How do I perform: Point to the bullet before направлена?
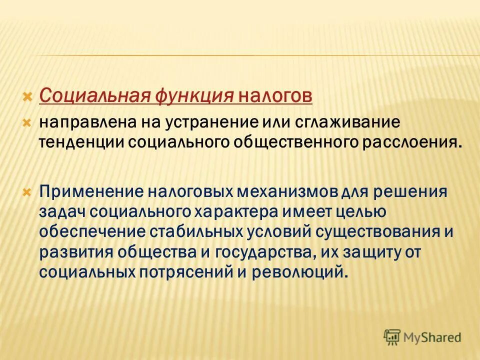28,122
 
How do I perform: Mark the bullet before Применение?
28,191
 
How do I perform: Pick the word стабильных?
203,232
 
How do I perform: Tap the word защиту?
371,252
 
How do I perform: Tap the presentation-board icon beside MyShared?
393,337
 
